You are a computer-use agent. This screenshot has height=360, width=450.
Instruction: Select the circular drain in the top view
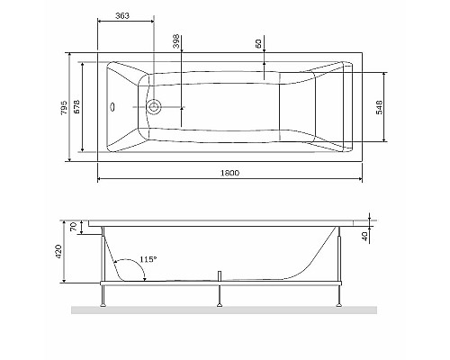coord(155,107)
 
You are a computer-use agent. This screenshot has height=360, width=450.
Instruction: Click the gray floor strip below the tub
coord(225,310)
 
